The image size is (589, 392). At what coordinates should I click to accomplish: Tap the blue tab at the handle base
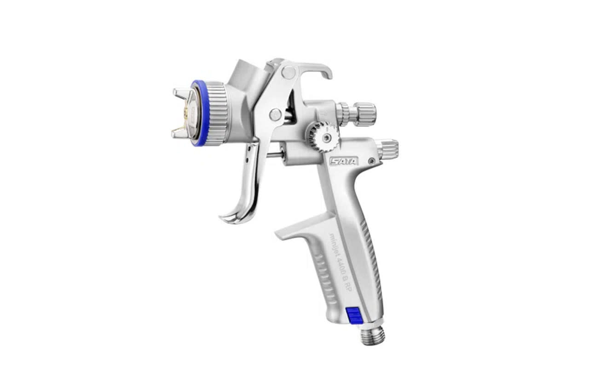pos(353,316)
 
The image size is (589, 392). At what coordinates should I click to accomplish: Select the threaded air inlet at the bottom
pos(372,335)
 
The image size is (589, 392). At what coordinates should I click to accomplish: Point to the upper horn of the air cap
pos(181,94)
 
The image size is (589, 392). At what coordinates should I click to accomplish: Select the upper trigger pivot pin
pos(289,72)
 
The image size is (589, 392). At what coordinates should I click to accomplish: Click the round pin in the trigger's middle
pos(275,114)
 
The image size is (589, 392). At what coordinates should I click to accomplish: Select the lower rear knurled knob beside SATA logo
pos(387,149)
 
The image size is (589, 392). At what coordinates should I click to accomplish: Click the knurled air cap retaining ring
pos(215,113)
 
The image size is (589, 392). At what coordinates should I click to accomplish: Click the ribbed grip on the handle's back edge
pos(372,257)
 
